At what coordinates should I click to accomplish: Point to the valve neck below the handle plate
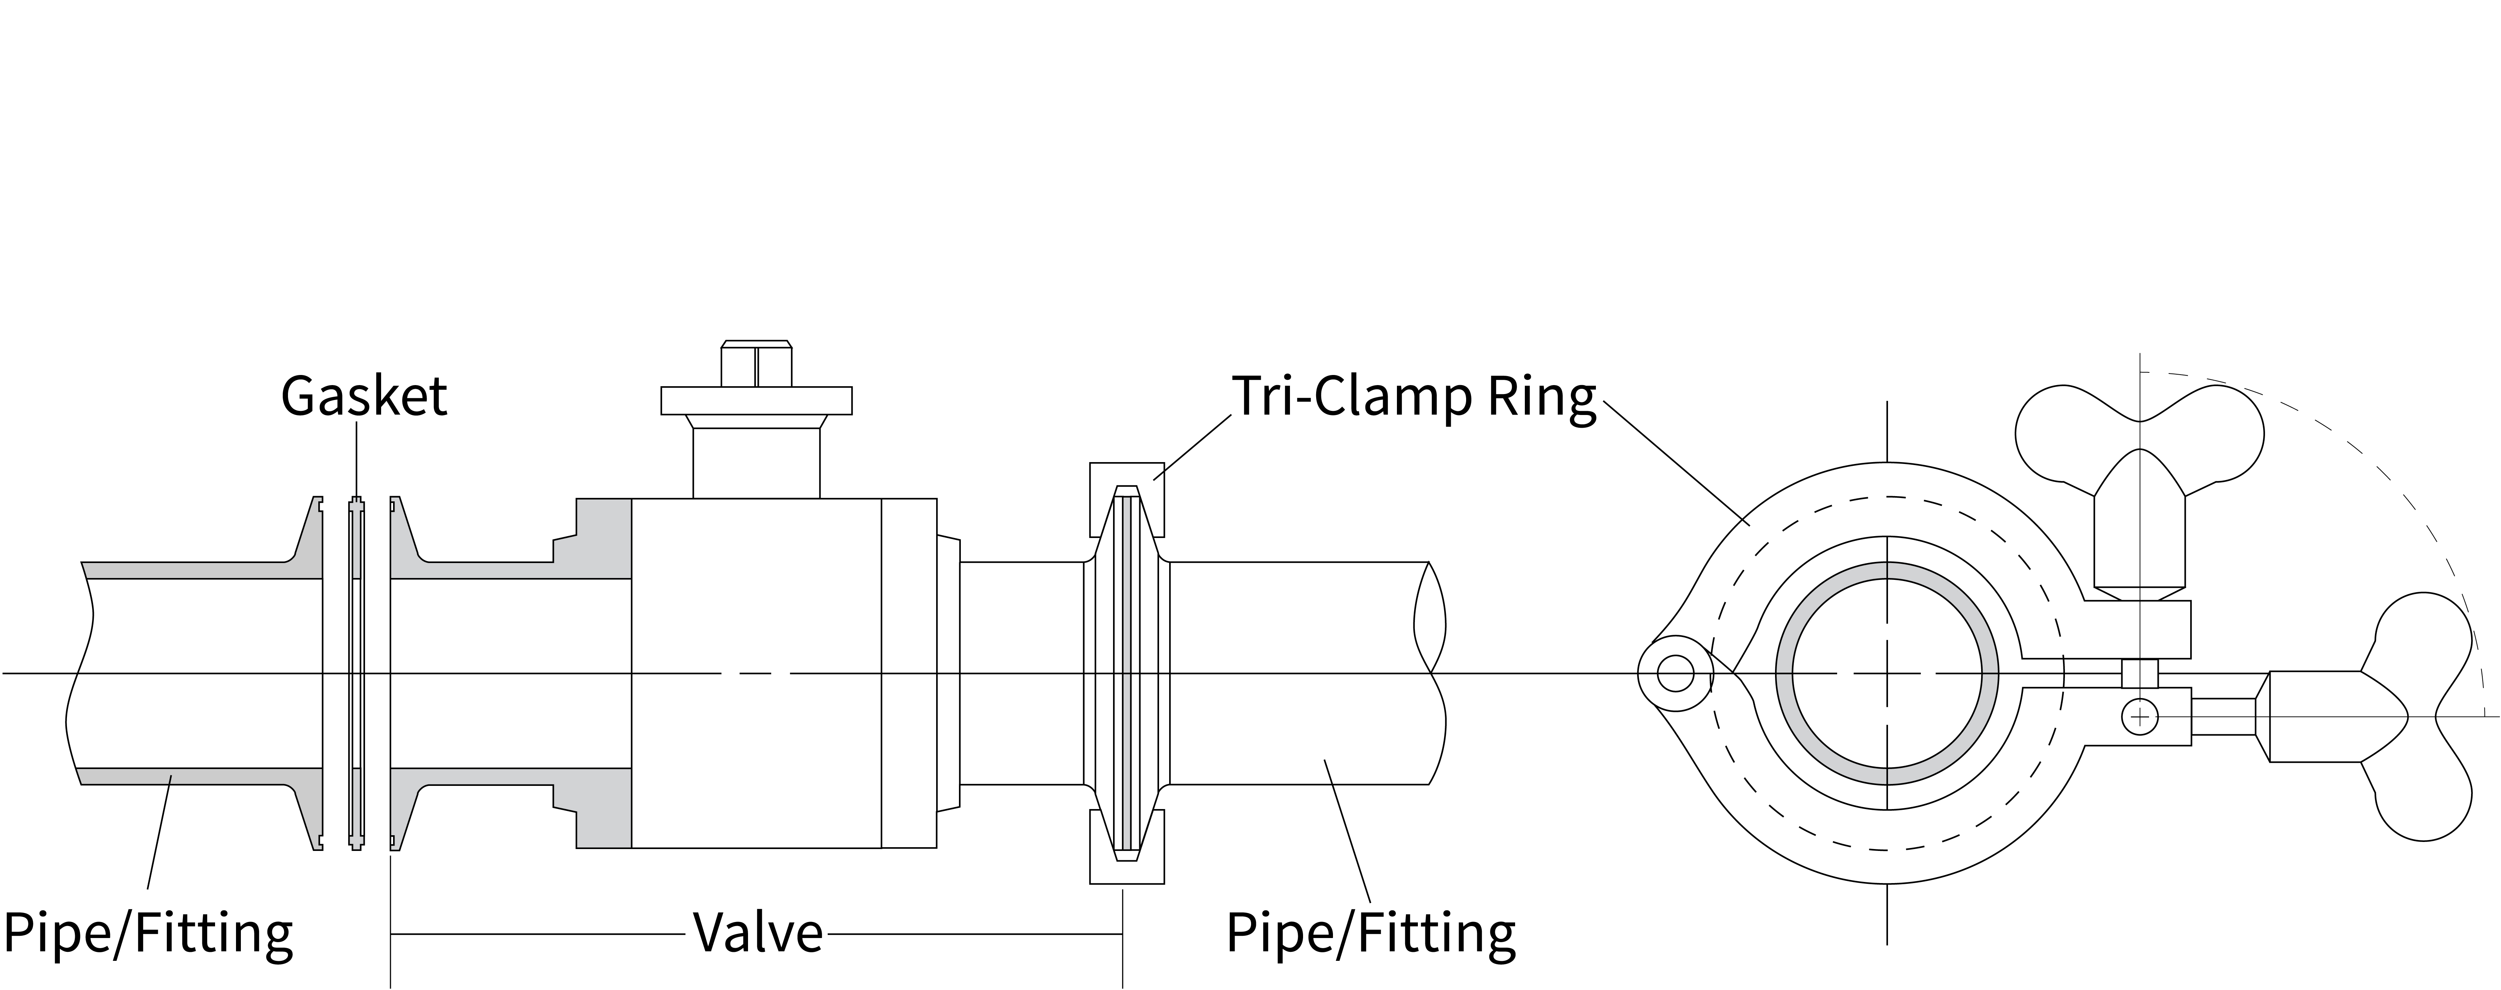(x=756, y=463)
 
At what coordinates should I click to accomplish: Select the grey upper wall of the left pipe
(x=194, y=570)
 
